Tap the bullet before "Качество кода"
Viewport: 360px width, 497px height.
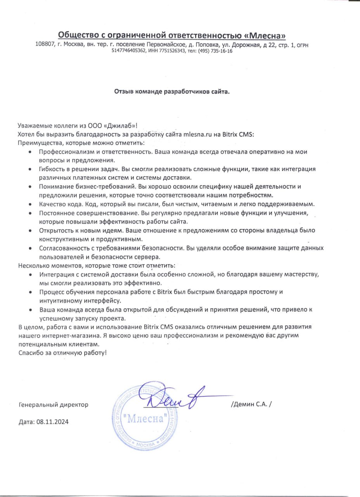(31, 204)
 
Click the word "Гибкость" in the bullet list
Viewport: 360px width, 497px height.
(52, 169)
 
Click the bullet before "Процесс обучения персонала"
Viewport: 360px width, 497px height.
(31, 292)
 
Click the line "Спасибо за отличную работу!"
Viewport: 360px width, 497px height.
(62, 353)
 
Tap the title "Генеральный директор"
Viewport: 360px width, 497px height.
(54, 405)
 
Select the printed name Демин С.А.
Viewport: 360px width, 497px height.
(251, 404)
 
